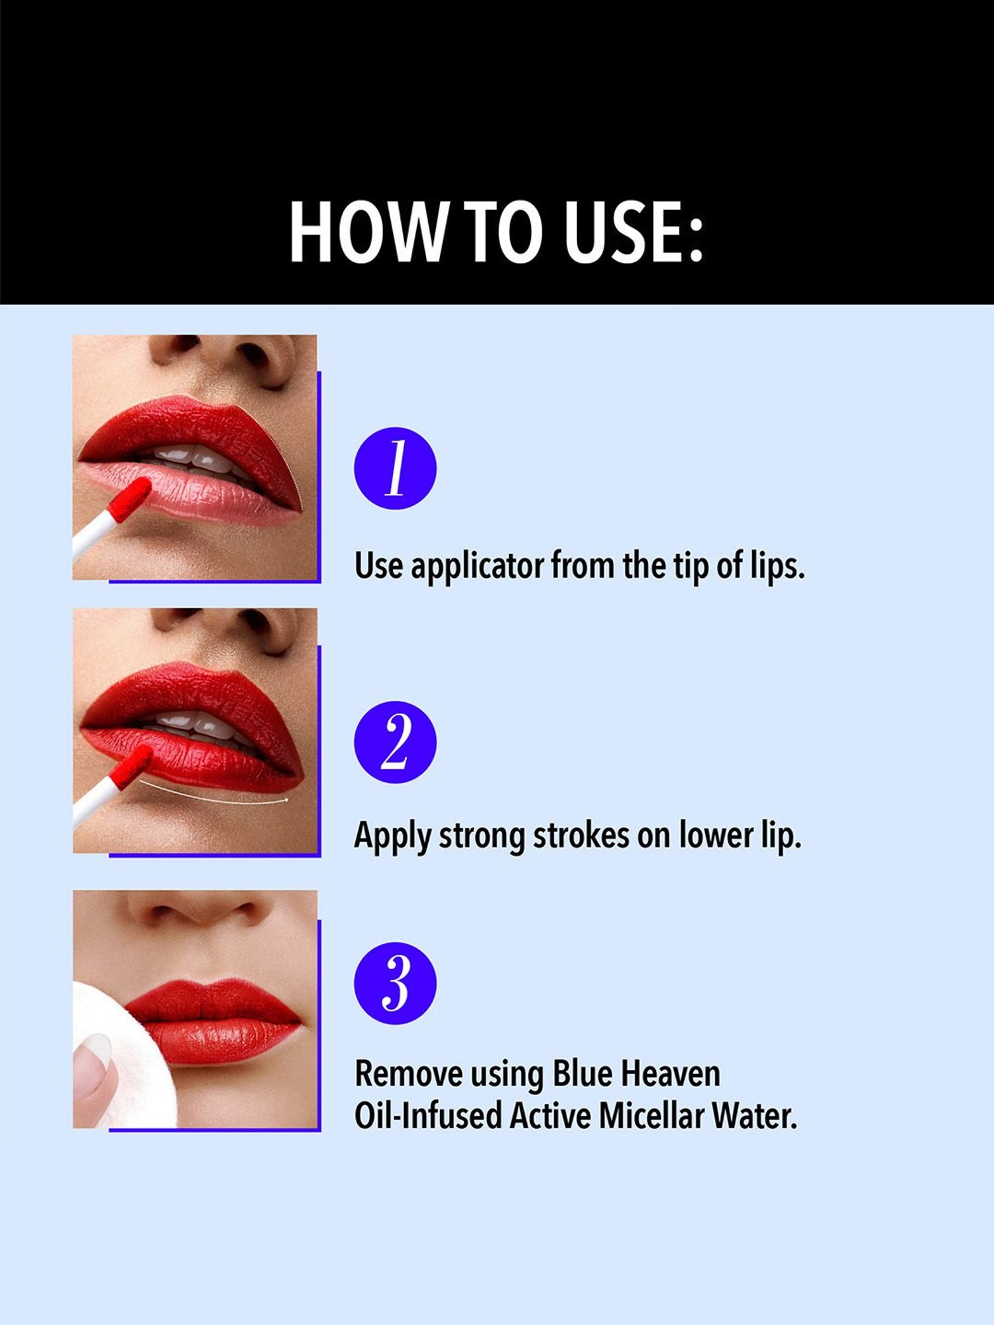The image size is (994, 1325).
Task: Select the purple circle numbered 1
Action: coord(396,468)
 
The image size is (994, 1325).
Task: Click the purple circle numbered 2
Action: coord(396,742)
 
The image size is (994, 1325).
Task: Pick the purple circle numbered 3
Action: coord(396,983)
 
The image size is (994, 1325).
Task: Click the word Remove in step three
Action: coord(409,1074)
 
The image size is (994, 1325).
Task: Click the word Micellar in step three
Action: coord(651,1116)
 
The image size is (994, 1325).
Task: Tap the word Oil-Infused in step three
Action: coord(428,1116)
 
